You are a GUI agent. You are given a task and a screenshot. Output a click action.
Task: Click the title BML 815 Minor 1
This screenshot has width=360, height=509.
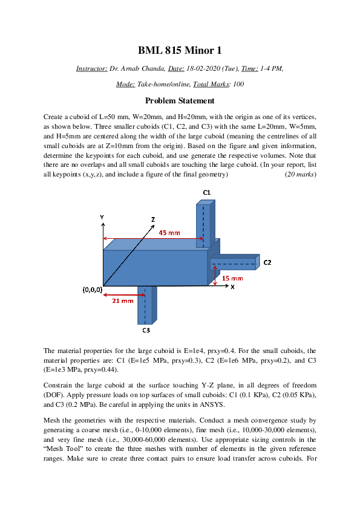[180, 50]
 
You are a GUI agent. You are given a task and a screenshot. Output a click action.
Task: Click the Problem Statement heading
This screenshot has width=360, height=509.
[180, 101]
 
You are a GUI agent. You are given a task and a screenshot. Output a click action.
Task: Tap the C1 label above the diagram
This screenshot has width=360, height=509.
[206, 192]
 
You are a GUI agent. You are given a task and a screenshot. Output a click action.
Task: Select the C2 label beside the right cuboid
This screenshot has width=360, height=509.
[267, 262]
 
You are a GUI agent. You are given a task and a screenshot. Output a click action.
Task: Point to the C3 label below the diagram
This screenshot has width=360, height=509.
[146, 331]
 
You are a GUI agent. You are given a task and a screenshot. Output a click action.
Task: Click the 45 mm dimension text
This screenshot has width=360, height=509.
[169, 233]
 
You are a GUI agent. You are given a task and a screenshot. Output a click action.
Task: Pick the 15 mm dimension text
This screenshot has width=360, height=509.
[233, 278]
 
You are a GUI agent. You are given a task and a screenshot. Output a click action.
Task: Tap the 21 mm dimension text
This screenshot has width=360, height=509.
[123, 300]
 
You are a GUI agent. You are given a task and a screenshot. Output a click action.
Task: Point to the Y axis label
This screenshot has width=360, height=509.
[102, 216]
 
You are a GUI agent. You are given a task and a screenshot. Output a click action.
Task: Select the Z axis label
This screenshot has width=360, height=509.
[153, 219]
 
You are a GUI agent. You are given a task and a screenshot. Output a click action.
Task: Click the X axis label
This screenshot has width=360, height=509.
[232, 287]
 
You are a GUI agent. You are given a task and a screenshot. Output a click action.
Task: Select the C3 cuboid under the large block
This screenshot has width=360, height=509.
[145, 305]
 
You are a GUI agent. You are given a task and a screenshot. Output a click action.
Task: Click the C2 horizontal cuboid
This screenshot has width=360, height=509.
[234, 263]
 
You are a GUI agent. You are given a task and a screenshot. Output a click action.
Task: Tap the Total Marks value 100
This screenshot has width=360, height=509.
[238, 84]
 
